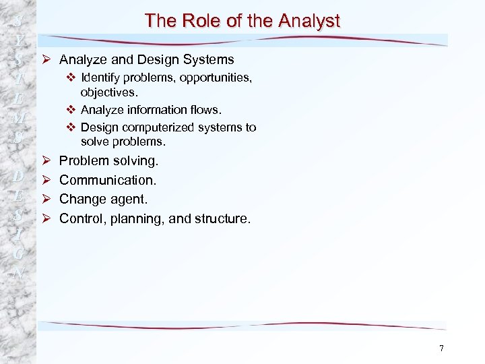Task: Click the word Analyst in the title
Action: (x=309, y=21)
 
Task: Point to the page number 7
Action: (x=441, y=348)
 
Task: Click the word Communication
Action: (x=108, y=180)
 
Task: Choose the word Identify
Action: (x=101, y=78)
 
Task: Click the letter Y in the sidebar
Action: (x=19, y=40)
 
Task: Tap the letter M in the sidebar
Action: (x=19, y=119)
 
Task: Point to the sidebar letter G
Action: (x=19, y=255)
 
